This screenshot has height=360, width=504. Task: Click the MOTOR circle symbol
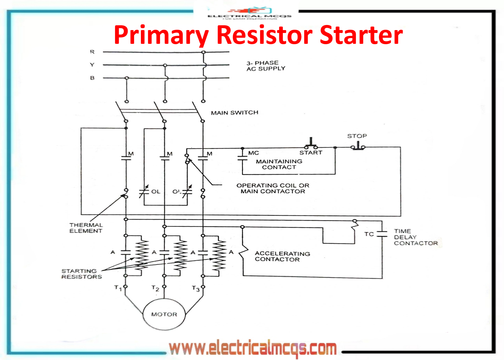point(164,314)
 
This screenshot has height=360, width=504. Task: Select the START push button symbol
point(311,144)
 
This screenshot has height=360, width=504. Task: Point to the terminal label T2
point(155,288)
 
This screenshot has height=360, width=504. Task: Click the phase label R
point(92,52)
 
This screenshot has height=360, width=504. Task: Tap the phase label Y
point(92,65)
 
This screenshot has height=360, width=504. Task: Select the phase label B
point(92,78)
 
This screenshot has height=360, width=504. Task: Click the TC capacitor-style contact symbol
point(382,234)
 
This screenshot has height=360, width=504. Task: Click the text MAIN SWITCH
point(234,113)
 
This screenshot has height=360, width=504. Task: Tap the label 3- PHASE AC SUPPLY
point(265,66)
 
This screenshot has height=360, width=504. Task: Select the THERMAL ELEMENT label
point(86,228)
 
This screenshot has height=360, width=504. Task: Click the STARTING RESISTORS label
point(82,274)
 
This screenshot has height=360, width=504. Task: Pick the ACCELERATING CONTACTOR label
point(282,256)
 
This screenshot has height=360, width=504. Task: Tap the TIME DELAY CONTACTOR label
point(415,237)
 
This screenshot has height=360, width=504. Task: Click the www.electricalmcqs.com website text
point(253,348)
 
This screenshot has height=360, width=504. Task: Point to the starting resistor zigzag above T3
point(219,256)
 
